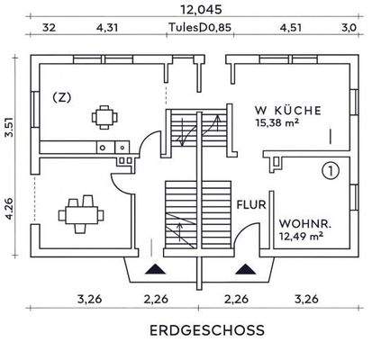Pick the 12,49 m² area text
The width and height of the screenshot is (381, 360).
click(x=301, y=237)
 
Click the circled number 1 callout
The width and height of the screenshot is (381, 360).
click(x=331, y=168)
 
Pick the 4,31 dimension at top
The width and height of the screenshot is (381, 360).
click(x=106, y=28)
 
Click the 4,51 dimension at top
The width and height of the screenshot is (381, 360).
click(x=290, y=28)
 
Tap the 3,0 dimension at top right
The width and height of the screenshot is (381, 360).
click(x=349, y=28)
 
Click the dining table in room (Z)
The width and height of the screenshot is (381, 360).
click(x=104, y=116)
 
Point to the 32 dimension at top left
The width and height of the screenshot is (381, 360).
click(x=49, y=28)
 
